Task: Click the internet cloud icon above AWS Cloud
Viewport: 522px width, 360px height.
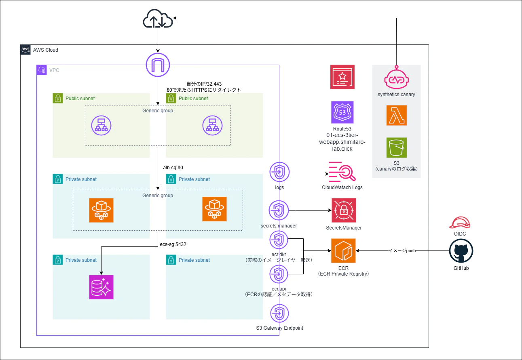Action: (157, 19)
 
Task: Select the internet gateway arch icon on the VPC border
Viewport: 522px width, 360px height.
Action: (157, 65)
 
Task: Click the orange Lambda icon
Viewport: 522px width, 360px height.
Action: (396, 116)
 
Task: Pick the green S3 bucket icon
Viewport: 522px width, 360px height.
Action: (396, 147)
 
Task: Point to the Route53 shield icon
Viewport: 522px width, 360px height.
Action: (342, 112)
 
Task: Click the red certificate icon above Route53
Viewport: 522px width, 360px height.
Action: (342, 77)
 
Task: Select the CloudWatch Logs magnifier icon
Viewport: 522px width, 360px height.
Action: (342, 171)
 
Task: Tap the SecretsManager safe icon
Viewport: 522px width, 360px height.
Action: (344, 210)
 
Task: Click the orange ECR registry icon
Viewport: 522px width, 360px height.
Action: (343, 251)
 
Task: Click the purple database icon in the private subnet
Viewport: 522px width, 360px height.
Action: (101, 287)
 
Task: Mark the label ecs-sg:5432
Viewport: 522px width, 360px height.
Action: (173, 244)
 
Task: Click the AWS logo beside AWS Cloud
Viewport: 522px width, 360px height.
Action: (25, 50)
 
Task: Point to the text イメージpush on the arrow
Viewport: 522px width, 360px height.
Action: (402, 251)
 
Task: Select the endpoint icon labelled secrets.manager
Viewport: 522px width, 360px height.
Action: (279, 211)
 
